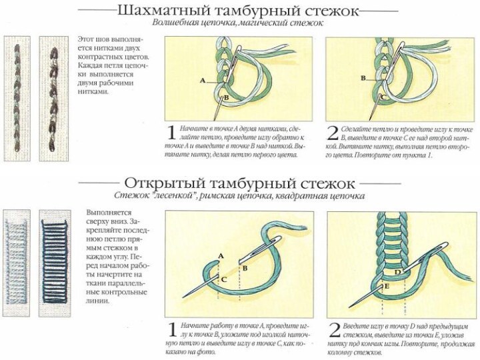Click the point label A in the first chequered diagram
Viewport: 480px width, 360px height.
click(x=201, y=80)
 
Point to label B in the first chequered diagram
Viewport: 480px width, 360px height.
click(x=226, y=98)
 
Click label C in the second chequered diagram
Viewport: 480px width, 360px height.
click(x=383, y=97)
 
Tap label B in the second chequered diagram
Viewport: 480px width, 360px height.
click(x=363, y=78)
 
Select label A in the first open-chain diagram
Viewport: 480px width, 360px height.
click(x=221, y=256)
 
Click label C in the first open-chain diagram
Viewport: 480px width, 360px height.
click(x=224, y=279)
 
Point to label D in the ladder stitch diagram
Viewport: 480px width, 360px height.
click(x=397, y=272)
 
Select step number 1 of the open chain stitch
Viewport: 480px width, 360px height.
click(x=171, y=330)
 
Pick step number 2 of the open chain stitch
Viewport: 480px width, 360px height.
click(x=335, y=330)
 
